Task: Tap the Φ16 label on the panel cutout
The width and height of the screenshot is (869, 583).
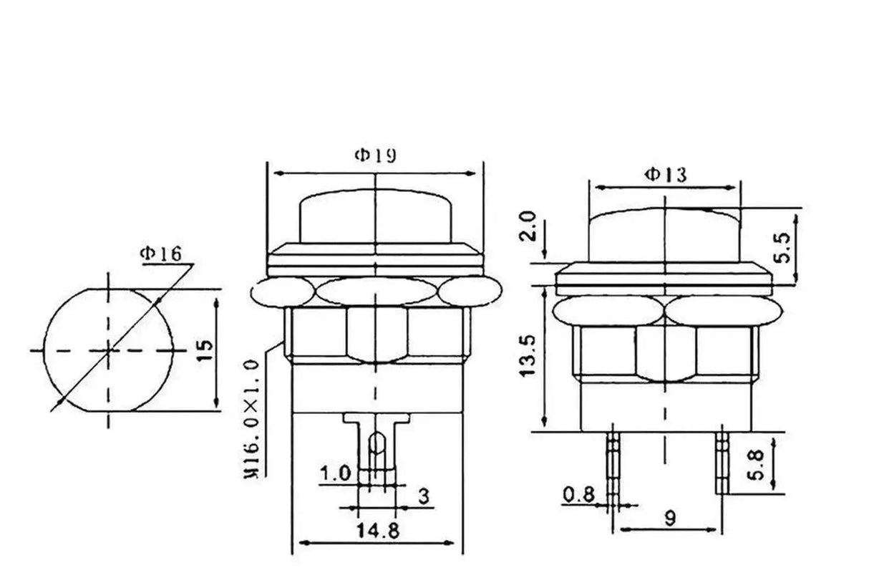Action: (161, 253)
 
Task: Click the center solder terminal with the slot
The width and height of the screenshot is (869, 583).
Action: (375, 448)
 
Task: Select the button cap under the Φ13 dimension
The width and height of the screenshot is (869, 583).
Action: (664, 233)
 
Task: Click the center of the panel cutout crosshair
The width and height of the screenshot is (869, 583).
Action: (109, 350)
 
